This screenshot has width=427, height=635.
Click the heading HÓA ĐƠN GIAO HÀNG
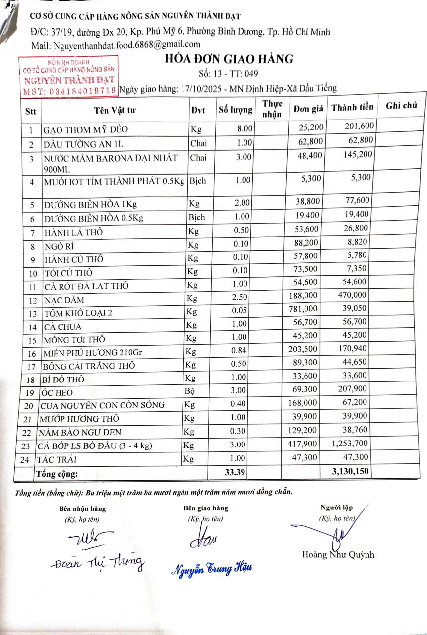[229, 59]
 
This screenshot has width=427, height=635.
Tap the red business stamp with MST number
[68, 77]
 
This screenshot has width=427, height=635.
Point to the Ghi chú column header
[401, 106]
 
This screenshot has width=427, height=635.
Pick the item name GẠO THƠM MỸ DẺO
[86, 130]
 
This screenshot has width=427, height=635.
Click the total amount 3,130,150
[351, 472]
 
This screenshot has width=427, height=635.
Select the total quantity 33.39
[236, 472]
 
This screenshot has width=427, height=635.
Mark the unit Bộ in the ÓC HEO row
[190, 392]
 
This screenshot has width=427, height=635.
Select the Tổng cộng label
[57, 473]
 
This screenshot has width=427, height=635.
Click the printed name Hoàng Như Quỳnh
[338, 555]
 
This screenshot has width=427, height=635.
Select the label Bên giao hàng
[206, 508]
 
